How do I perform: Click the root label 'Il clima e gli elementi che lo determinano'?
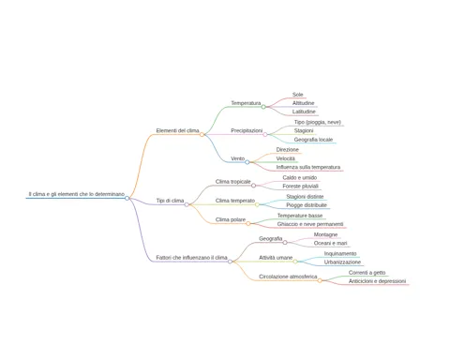click(77, 194)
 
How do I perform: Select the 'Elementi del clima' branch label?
click(177, 130)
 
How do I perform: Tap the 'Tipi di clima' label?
click(170, 201)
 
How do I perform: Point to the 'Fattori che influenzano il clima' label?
click(191, 258)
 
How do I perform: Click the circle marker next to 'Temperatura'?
click(263, 107)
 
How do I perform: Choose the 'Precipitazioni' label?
click(247, 130)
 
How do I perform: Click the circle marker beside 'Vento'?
click(247, 162)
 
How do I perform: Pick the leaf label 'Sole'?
click(298, 95)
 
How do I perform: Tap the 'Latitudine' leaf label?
click(304, 112)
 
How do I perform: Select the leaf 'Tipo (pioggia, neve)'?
click(318, 122)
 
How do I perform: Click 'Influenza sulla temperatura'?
click(308, 167)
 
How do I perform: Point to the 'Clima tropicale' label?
click(232, 182)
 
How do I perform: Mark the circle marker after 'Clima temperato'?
click(257, 204)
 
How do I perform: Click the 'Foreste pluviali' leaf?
click(300, 187)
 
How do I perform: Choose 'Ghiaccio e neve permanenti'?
click(310, 224)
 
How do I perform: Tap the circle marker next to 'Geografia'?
click(285, 243)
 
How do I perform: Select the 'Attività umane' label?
click(276, 258)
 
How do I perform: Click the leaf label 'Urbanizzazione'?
click(342, 262)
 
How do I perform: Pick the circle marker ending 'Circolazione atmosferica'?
click(320, 280)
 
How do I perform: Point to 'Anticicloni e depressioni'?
click(377, 281)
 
